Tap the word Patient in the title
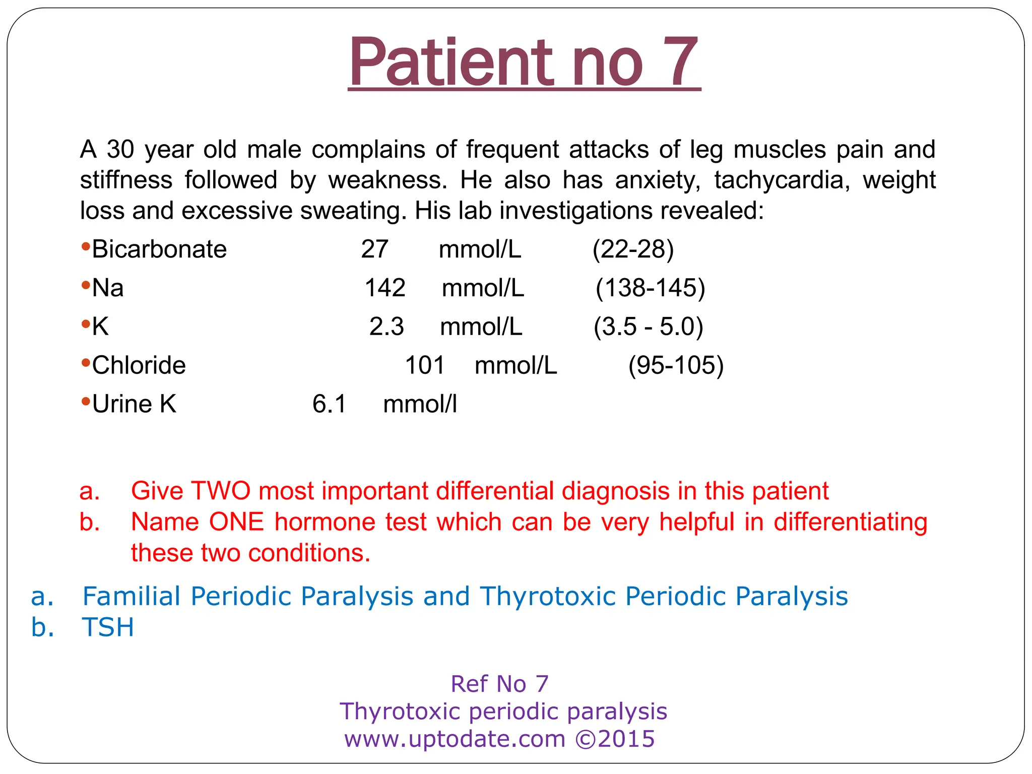click(x=449, y=62)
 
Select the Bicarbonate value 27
click(x=374, y=249)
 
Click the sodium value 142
click(x=385, y=288)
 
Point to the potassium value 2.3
click(x=386, y=327)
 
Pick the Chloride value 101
click(x=425, y=365)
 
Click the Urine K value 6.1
click(x=330, y=404)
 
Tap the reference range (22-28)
click(x=633, y=249)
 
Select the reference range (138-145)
click(x=650, y=288)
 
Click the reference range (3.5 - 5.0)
click(x=648, y=327)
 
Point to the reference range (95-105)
click(x=676, y=365)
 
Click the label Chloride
click(x=139, y=365)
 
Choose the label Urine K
click(x=134, y=404)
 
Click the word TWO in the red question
click(x=221, y=491)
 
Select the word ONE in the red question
click(x=236, y=522)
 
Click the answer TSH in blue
click(x=108, y=628)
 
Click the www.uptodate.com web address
click(x=455, y=739)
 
